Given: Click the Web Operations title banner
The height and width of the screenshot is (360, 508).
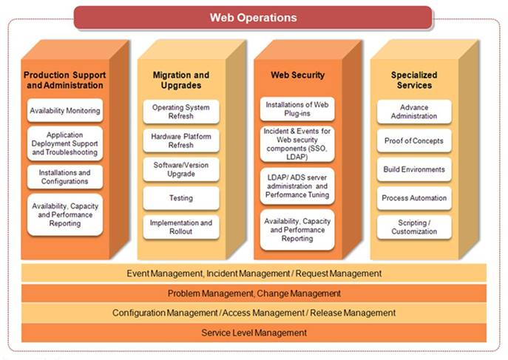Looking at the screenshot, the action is pyautogui.click(x=253, y=18).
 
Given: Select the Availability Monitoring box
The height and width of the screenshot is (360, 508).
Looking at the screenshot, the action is pyautogui.click(x=65, y=110).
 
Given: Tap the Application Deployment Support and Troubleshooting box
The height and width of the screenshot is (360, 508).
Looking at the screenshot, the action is pyautogui.click(x=65, y=143).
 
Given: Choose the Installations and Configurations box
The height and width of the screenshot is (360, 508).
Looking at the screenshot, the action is pyautogui.click(x=65, y=177).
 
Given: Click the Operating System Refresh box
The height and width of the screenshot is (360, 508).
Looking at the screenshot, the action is pyautogui.click(x=181, y=112).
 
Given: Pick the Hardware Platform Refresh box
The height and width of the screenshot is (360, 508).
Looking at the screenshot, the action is pyautogui.click(x=181, y=141).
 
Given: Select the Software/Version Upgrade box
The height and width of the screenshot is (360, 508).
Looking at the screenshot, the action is pyautogui.click(x=181, y=169).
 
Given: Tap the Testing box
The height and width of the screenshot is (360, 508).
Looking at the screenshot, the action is pyautogui.click(x=181, y=198).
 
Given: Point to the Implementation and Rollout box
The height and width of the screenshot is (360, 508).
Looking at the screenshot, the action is pyautogui.click(x=181, y=227).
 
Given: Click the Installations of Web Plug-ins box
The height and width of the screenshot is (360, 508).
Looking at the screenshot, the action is pyautogui.click(x=297, y=109).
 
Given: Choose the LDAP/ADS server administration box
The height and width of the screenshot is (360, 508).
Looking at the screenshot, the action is pyautogui.click(x=297, y=186).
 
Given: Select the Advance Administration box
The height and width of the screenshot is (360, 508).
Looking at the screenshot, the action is pyautogui.click(x=414, y=112).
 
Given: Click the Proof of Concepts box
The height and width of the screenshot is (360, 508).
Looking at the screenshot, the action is pyautogui.click(x=414, y=141).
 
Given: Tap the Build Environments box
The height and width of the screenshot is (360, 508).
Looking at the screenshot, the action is pyautogui.click(x=414, y=169).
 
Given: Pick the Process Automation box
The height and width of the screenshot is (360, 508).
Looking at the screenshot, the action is pyautogui.click(x=414, y=198).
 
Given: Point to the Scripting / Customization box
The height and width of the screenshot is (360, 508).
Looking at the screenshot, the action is pyautogui.click(x=414, y=227).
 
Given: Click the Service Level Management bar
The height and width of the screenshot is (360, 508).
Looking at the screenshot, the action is pyautogui.click(x=254, y=333).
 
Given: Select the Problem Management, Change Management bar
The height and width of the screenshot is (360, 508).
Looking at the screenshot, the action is pyautogui.click(x=254, y=293).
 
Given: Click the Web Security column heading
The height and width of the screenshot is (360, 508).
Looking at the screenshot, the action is pyautogui.click(x=298, y=75).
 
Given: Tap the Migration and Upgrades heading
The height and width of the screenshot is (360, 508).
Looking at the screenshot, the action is pyautogui.click(x=181, y=80).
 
